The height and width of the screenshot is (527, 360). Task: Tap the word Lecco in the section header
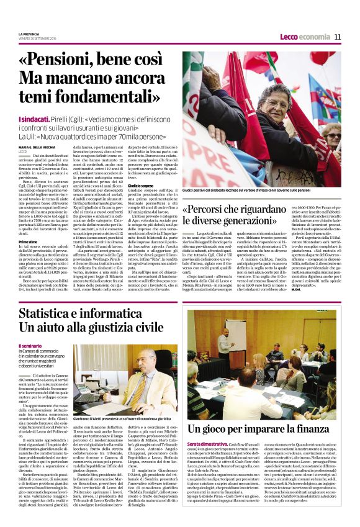pyautogui.click(x=290, y=37)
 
